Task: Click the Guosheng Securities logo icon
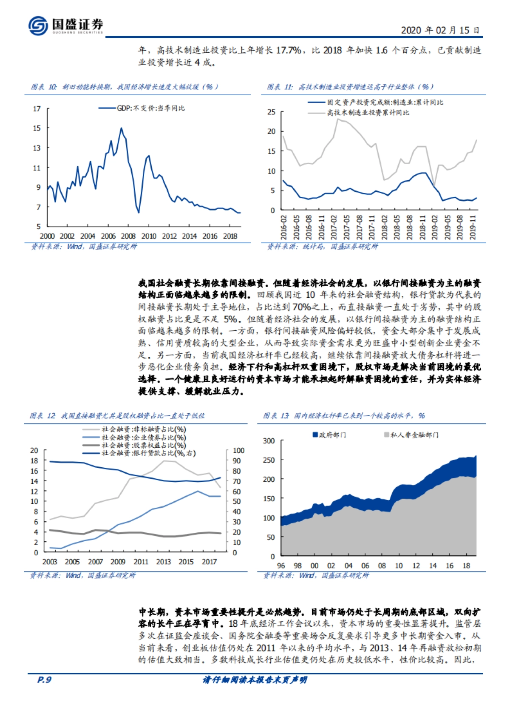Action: (38, 25)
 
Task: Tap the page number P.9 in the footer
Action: (44, 679)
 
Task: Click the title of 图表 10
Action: (125, 87)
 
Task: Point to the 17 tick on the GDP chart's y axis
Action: (37, 109)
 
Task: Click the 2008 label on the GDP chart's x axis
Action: (128, 236)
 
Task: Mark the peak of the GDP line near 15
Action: (121, 128)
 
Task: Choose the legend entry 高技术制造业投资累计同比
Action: (368, 113)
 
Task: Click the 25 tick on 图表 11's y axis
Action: (271, 112)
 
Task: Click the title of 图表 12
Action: (117, 415)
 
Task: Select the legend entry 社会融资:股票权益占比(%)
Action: (144, 445)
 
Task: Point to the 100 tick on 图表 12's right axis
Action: (238, 450)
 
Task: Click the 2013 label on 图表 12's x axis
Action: (164, 562)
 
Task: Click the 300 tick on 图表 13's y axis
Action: (269, 441)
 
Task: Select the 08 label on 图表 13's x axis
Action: (382, 566)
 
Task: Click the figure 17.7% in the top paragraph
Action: (289, 50)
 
